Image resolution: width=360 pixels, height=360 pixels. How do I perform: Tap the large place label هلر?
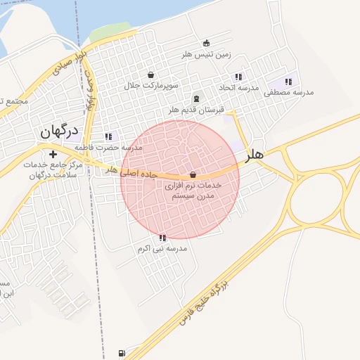tap(255, 155)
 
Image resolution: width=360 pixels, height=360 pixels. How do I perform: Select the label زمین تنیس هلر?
tap(206, 55)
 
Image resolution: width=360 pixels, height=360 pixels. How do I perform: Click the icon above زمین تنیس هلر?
tap(206, 43)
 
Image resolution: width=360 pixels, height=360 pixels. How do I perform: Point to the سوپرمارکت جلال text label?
tap(151, 86)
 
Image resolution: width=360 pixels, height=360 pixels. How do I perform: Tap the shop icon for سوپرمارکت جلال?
tap(151, 75)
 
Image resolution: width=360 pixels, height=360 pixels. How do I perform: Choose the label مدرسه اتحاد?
tap(239, 88)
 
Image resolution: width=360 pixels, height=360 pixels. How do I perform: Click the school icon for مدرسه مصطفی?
tap(288, 82)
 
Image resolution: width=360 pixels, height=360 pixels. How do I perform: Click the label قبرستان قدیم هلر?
tap(195, 110)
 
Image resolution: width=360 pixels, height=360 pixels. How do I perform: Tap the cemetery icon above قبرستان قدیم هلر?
tap(195, 98)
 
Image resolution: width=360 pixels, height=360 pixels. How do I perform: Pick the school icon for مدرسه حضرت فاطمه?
tap(108, 136)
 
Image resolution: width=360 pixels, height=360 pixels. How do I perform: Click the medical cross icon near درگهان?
tap(53, 154)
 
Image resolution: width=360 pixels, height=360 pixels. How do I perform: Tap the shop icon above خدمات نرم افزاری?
tap(193, 174)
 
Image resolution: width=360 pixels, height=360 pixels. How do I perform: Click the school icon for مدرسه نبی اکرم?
tap(163, 238)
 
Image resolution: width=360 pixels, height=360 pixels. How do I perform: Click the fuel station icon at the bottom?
tap(123, 353)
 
